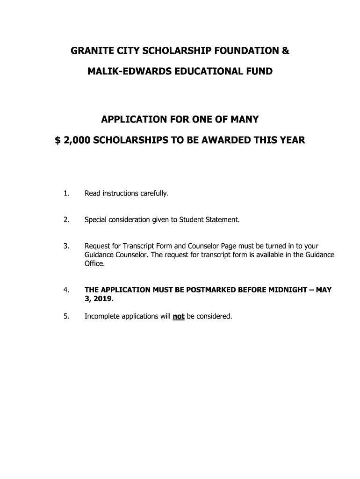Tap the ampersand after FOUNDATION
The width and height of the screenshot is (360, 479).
[285, 51]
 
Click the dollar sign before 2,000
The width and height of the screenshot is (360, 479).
[58, 140]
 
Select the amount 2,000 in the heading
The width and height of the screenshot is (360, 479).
[77, 140]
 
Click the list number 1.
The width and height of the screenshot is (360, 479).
[66, 193]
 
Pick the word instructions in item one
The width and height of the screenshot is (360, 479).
[119, 193]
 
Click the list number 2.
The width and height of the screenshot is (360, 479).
[66, 219]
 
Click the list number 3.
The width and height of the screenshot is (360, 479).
[66, 246]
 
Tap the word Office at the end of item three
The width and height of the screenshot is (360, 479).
[94, 263]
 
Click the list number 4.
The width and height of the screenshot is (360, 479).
[66, 290]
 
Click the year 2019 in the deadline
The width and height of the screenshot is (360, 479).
[103, 298]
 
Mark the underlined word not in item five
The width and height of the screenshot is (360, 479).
[179, 316]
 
